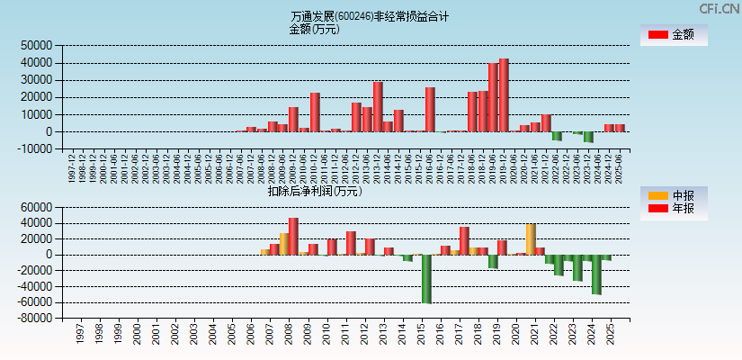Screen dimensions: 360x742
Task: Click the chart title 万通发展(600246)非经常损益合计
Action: click(x=370, y=16)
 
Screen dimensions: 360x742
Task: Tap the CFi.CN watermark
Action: click(x=720, y=8)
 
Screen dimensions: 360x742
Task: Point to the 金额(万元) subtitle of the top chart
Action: click(x=314, y=29)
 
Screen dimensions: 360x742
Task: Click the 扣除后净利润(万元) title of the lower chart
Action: click(x=315, y=191)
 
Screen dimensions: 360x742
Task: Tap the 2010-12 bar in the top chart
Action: click(x=315, y=112)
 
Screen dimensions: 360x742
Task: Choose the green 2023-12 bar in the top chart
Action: click(x=588, y=137)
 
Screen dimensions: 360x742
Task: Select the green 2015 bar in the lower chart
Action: click(x=426, y=279)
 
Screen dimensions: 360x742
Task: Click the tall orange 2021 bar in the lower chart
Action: click(x=531, y=239)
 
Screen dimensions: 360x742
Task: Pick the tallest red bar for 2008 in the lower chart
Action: click(x=293, y=236)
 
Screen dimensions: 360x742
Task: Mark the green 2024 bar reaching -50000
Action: click(x=596, y=274)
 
